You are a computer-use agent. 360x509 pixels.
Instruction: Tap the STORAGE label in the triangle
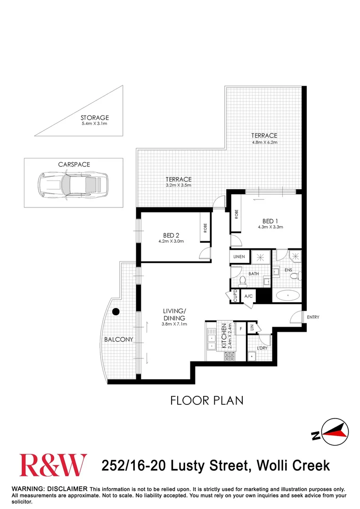coord(94,118)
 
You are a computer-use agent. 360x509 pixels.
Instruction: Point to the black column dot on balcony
coord(115,311)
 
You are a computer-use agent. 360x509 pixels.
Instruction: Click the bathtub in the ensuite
coord(287,296)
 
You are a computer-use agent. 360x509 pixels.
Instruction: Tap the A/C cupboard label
coord(248,296)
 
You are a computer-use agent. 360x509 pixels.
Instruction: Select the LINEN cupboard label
coord(238,256)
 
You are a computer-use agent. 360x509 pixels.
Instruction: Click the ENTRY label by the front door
coord(312,317)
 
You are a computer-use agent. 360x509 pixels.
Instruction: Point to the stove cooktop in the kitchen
coord(229,357)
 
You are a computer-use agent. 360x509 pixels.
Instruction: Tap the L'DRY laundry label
coord(262,348)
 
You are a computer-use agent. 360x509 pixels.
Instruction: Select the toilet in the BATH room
coord(243,281)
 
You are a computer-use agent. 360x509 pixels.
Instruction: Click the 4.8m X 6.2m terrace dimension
coord(264,142)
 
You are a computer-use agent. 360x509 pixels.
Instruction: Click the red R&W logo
coord(53,465)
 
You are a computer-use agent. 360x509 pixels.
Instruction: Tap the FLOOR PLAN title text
coord(206,401)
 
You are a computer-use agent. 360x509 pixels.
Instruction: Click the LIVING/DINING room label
coord(174,314)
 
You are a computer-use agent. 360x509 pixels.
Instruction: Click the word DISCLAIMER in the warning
coord(69,489)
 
